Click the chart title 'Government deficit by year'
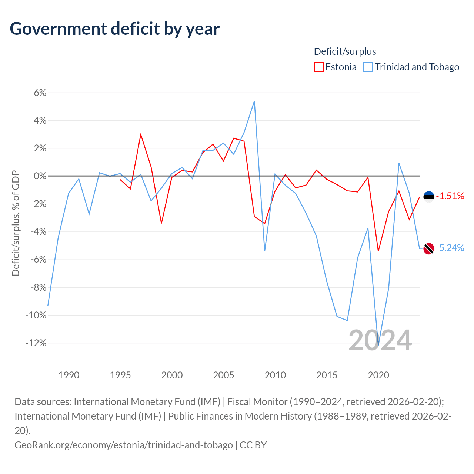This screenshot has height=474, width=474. tap(115, 29)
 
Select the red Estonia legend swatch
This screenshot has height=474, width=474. tap(318, 67)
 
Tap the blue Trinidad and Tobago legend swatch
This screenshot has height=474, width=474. tap(368, 67)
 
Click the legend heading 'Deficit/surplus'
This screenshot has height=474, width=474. tap(345, 51)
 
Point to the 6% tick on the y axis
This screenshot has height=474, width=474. tap(40, 93)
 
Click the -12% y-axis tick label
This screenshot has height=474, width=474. tap(36, 343)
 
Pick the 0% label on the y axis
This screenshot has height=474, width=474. tap(40, 176)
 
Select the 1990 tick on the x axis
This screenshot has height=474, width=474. tap(69, 375)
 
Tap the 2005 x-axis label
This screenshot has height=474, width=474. tap(223, 375)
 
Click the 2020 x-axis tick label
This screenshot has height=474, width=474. tap(378, 375)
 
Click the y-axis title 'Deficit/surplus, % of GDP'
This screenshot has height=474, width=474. tap(16, 223)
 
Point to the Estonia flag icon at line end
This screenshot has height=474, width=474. tap(429, 197)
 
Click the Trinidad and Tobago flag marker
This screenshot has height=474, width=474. tap(429, 248)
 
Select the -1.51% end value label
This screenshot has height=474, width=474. tap(450, 196)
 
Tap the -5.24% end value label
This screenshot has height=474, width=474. tap(450, 248)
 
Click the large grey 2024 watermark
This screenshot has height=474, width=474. tap(380, 340)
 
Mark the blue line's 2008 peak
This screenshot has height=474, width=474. tap(254, 101)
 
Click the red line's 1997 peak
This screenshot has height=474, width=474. tap(141, 134)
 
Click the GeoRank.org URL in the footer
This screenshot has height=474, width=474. tap(124, 445)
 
